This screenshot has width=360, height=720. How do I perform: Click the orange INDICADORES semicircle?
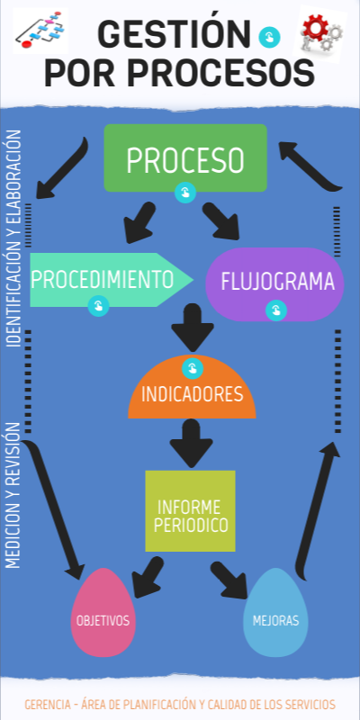click(192, 393)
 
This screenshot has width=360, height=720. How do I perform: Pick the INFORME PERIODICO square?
click(190, 511)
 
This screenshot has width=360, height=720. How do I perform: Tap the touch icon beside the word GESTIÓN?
click(268, 37)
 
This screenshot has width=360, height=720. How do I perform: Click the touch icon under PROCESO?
click(184, 193)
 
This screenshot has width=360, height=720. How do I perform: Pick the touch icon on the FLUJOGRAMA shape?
click(275, 310)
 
